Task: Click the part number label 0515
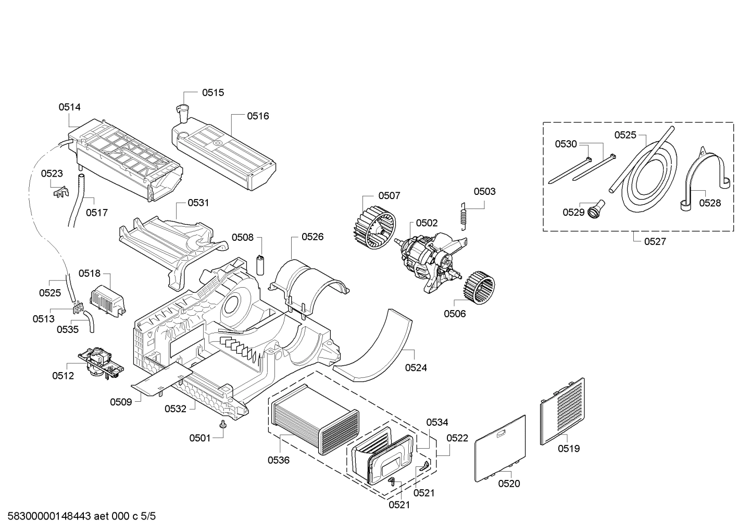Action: (213, 93)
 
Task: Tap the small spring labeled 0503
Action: (464, 216)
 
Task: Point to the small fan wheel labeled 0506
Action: (479, 288)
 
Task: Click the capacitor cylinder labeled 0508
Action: (260, 265)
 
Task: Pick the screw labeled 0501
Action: (222, 424)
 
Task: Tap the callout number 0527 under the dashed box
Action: (655, 241)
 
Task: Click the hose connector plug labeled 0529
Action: (595, 208)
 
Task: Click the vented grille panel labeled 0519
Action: (562, 411)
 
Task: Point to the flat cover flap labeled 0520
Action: (500, 449)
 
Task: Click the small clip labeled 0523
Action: (61, 192)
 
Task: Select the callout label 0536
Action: (278, 460)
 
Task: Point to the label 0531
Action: (198, 203)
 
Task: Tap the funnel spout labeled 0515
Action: (183, 114)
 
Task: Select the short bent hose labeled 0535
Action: (90, 322)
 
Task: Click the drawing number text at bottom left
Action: (81, 516)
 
